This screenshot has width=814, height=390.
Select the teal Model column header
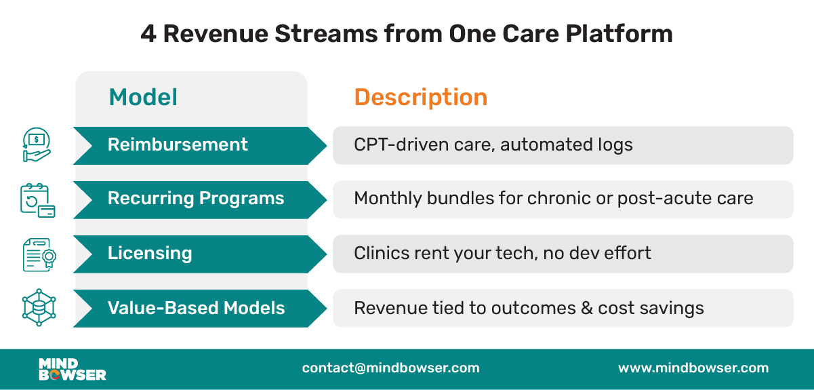coord(143,97)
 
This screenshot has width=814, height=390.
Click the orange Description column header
coord(420,97)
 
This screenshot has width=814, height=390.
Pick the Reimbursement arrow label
coord(178,144)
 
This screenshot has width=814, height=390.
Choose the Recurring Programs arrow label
coord(196,199)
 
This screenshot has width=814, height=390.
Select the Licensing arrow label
coord(150,253)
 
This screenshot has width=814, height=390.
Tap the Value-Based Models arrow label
coord(196,308)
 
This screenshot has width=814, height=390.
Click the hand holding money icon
coord(37,145)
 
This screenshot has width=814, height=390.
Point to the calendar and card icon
coord(37,200)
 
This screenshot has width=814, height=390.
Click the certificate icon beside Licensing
coord(38,254)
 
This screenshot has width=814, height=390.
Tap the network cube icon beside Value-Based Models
coord(38,308)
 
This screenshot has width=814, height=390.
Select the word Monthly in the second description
coord(387,199)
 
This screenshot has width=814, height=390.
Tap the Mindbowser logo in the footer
coord(72,368)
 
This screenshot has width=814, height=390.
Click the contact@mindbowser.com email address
coord(390,368)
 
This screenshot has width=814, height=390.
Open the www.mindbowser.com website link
coord(693,368)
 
